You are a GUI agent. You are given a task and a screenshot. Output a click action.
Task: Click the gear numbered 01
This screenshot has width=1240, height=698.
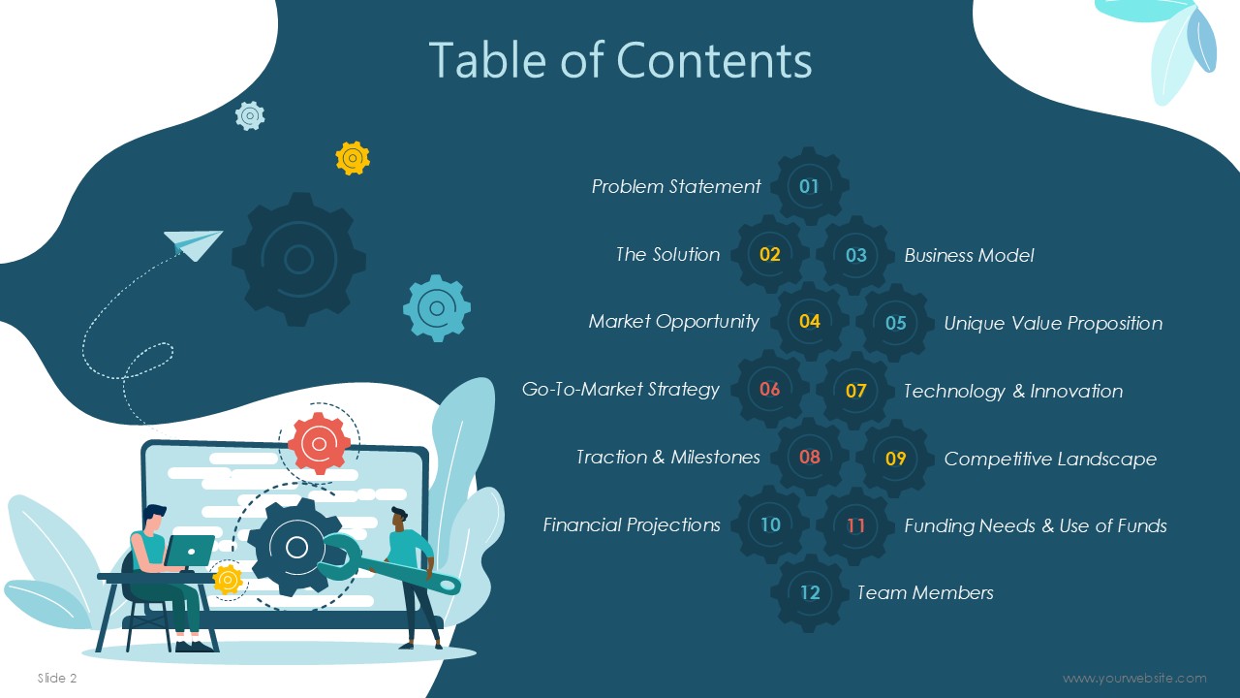[809, 186]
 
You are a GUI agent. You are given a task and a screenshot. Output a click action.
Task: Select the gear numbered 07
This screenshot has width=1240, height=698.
[855, 391]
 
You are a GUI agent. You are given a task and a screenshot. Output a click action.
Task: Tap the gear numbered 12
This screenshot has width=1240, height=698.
[809, 592]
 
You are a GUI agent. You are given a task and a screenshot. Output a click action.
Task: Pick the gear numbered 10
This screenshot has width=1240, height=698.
[770, 524]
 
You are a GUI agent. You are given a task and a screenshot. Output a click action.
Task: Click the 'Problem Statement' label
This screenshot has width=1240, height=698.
[676, 187]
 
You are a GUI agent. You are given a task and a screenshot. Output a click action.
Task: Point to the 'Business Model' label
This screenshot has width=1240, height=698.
[969, 255]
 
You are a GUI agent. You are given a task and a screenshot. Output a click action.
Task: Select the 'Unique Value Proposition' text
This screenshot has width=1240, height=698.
[1053, 323]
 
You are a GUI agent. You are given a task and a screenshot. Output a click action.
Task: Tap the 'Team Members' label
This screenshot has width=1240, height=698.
[925, 592]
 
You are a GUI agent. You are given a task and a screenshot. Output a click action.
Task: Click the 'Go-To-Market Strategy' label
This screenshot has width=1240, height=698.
[621, 390]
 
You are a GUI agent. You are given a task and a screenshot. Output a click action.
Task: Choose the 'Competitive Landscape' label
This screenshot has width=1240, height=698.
[1050, 459]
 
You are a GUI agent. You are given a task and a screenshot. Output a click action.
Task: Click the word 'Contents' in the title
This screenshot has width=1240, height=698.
[714, 60]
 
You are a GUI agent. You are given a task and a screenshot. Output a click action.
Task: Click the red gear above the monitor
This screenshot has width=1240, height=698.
[320, 443]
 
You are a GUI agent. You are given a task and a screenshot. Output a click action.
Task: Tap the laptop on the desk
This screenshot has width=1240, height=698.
[189, 551]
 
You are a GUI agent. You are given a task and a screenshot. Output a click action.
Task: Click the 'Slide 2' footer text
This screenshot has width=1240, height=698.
[57, 678]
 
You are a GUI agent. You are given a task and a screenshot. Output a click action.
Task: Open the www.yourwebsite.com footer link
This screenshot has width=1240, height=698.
[1134, 678]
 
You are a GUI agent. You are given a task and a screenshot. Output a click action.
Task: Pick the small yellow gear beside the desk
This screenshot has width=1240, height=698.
[227, 580]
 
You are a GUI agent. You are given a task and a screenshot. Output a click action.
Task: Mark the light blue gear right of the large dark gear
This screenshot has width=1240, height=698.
[437, 308]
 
